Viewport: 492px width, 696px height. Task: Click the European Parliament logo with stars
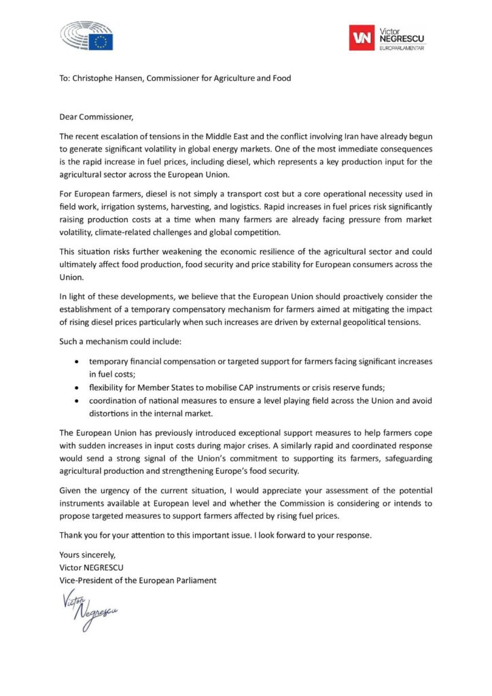[x=86, y=35]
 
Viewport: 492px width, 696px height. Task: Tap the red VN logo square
[x=362, y=38]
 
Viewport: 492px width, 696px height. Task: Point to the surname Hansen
[x=133, y=78]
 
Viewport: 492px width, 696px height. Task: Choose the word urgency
[x=110, y=491]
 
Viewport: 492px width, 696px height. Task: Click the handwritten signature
[x=90, y=606]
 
